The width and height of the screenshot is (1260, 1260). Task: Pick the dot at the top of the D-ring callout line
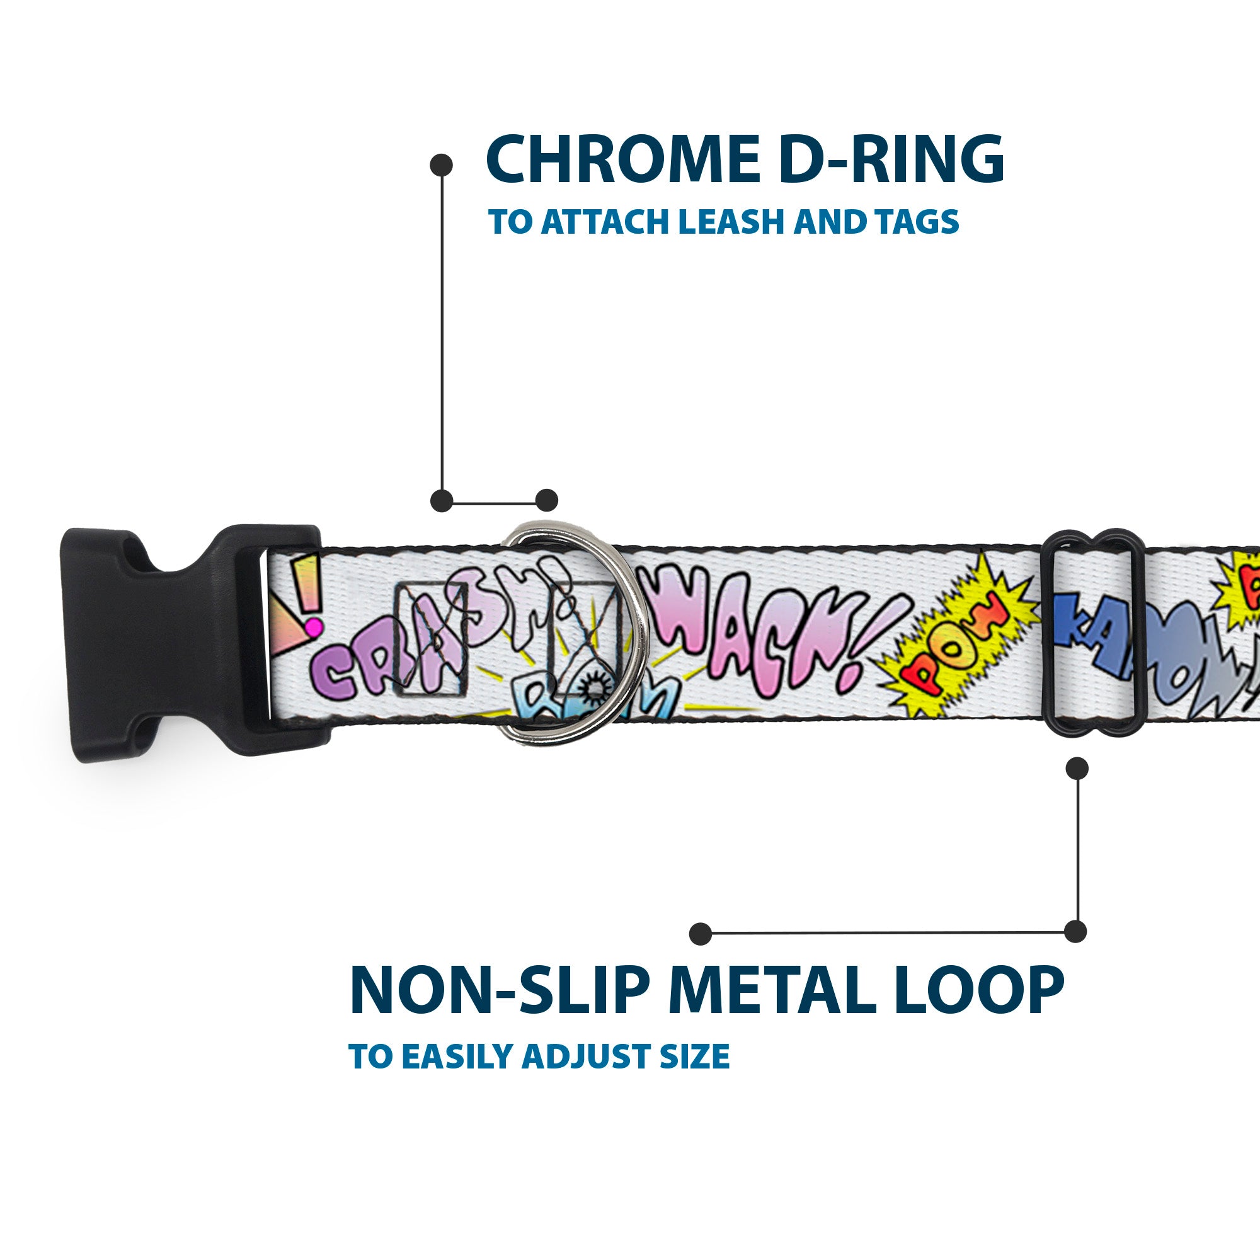(442, 166)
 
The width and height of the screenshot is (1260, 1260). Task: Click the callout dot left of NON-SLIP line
(701, 933)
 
